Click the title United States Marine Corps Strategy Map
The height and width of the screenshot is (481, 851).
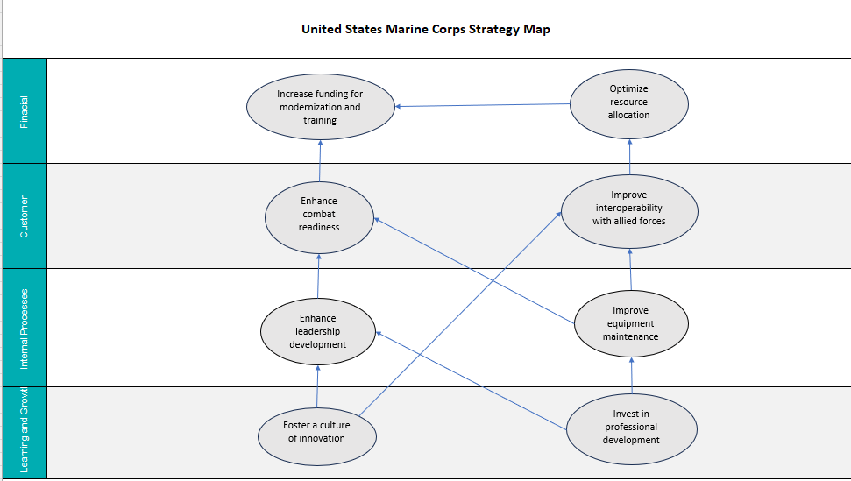[x=425, y=29]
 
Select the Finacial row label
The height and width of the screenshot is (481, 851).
[x=24, y=111]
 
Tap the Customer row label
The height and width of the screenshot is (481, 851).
[x=24, y=216]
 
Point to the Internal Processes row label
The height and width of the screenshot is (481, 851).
[x=24, y=328]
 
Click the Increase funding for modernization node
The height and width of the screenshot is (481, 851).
[x=320, y=107]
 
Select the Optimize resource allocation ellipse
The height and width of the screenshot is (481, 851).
[x=628, y=102]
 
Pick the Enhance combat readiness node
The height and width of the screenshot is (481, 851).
[x=318, y=215]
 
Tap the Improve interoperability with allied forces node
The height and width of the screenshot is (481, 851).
[x=628, y=209]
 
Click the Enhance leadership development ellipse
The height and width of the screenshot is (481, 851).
[x=317, y=332]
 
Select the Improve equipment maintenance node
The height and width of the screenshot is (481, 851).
[x=630, y=324]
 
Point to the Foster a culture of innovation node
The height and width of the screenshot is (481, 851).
[x=316, y=432]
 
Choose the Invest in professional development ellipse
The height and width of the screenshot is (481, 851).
[x=630, y=428]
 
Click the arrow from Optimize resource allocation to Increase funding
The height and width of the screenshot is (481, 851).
[x=482, y=105]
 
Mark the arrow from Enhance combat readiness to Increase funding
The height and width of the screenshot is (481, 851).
[x=320, y=152]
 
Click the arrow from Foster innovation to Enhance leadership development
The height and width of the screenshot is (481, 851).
[x=317, y=386]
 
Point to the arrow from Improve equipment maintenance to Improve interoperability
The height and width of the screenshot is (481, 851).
[x=629, y=268]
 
